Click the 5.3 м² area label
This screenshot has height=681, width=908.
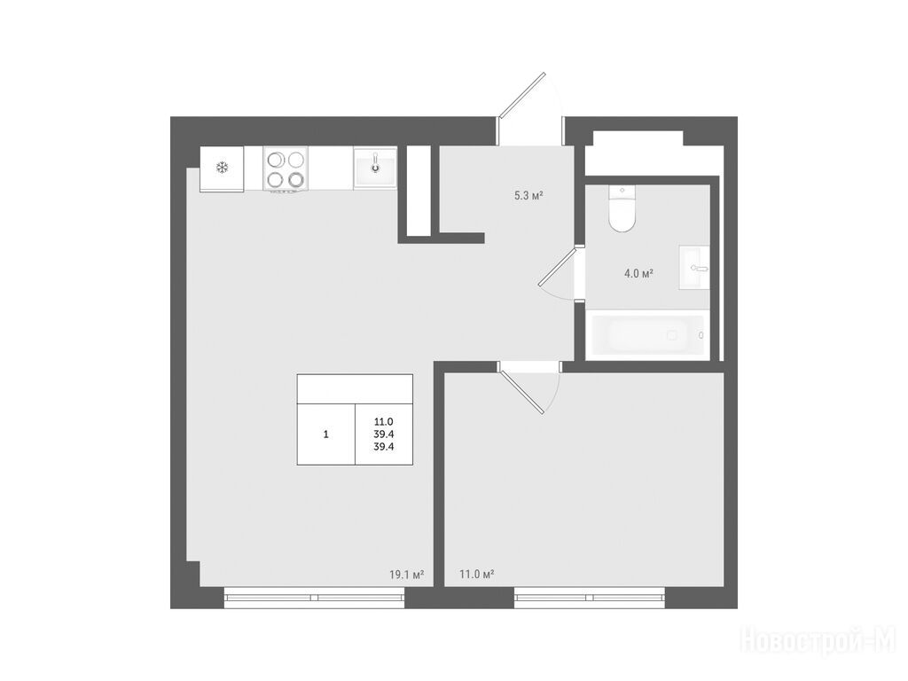528,196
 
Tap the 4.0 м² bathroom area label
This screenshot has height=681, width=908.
638,273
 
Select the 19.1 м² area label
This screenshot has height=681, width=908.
406,575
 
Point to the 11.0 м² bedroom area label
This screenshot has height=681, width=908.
476,575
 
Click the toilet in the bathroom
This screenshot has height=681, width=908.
622,208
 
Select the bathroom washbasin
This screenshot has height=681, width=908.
694,268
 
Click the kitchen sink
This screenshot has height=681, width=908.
375,168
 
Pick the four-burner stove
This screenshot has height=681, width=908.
286,168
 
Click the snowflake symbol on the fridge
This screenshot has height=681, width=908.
223,168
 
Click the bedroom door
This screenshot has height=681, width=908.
521,391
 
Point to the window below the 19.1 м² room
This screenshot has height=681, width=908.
315,598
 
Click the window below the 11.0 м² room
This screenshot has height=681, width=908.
590,598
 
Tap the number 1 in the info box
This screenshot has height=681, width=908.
326,434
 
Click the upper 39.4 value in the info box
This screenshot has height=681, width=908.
384,434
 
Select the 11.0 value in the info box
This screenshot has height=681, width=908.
384,422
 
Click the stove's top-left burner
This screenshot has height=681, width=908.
275,160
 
